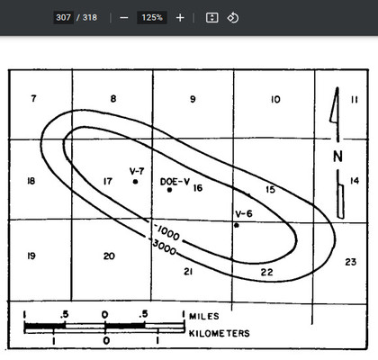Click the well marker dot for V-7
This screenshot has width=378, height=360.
(135, 182)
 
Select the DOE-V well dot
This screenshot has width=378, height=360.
(169, 190)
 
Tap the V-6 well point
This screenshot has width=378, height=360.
(237, 225)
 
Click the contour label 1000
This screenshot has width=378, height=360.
(168, 232)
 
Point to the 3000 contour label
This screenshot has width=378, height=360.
(164, 247)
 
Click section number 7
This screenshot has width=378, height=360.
(33, 98)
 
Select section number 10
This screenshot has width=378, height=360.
(275, 99)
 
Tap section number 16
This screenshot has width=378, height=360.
(198, 188)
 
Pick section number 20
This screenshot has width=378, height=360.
(109, 256)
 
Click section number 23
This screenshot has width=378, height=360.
(350, 262)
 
